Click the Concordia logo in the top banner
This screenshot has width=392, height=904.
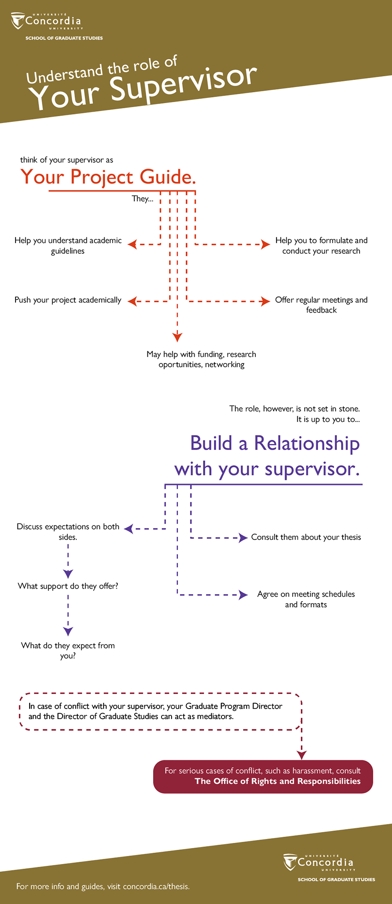tap(46, 22)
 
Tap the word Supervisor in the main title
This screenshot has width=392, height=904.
tap(184, 84)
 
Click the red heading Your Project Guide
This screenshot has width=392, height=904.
tap(108, 177)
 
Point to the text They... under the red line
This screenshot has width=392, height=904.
tap(142, 199)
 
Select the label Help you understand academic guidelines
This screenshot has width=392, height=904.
tap(68, 245)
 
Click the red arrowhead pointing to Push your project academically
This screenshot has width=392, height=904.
tap(132, 301)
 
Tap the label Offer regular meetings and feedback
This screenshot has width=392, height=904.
tap(321, 305)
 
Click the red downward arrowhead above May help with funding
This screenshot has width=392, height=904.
tap(177, 337)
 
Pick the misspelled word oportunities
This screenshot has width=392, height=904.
tap(180, 364)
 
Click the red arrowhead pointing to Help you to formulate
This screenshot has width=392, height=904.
tap(266, 244)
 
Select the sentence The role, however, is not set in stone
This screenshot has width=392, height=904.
tap(294, 409)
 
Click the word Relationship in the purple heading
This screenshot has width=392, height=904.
tap(307, 444)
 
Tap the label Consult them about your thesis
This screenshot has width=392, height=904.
tap(306, 537)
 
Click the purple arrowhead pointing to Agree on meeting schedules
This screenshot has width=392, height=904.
tap(244, 595)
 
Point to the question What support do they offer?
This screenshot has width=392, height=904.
tap(68, 586)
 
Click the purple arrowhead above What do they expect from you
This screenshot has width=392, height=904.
tap(68, 631)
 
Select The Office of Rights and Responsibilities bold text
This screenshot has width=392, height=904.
tap(278, 781)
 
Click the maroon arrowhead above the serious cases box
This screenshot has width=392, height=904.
tap(302, 755)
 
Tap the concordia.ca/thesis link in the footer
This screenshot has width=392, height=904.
tap(156, 887)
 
